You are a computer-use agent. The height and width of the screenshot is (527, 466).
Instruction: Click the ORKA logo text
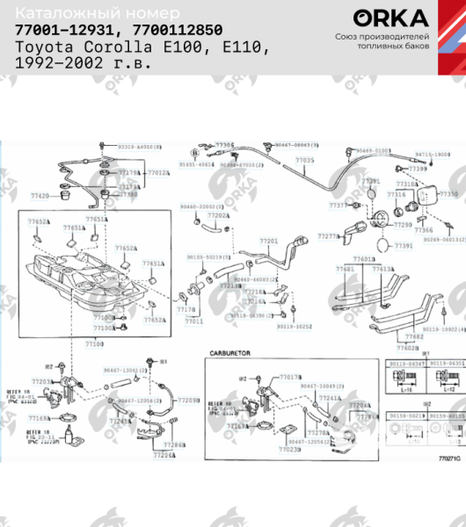[390, 18]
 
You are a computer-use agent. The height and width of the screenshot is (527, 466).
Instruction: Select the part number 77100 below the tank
[94, 345]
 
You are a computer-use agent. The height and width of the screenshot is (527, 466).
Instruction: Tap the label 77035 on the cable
[304, 161]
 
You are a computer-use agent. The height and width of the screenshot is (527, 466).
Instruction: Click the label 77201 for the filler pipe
[268, 241]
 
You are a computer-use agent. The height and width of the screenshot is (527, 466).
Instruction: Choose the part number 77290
[403, 225]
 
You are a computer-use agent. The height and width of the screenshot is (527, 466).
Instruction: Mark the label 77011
[193, 321]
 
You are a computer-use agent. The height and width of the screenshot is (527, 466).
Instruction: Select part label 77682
[413, 337]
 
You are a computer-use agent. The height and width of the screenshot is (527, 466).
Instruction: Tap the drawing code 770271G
[449, 458]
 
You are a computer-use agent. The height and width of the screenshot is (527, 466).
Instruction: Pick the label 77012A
[158, 173]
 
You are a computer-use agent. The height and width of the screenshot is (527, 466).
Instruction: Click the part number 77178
[186, 310]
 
